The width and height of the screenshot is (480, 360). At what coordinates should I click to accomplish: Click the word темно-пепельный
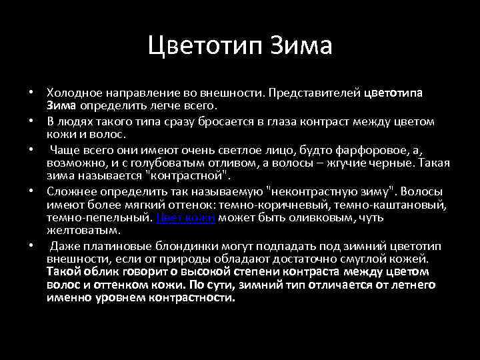pos(99,218)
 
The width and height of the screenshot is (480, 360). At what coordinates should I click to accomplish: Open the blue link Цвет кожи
pos(186,218)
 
